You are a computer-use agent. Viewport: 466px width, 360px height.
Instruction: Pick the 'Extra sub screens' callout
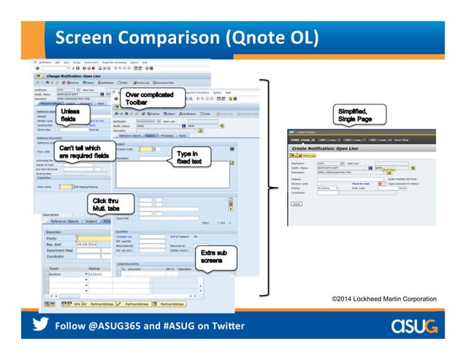pyautogui.click(x=213, y=256)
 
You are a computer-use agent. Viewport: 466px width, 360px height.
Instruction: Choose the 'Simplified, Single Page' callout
pyautogui.click(x=354, y=115)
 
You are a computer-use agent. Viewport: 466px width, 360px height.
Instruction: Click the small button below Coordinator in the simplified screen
pyautogui.click(x=296, y=204)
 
